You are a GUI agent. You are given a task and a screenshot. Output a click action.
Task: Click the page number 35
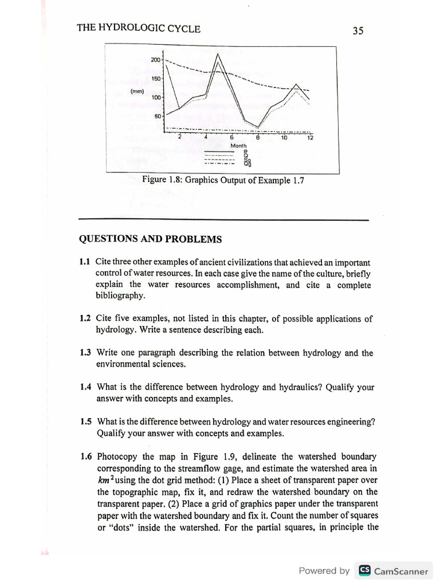(359, 31)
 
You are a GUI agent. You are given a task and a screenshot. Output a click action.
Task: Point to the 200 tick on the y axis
(156, 60)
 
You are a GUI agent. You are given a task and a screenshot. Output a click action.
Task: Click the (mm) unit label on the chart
(136, 90)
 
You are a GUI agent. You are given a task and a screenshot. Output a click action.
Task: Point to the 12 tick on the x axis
(310, 138)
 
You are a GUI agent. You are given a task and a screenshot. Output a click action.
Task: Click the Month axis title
(238, 146)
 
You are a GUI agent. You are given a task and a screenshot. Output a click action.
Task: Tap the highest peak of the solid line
(218, 54)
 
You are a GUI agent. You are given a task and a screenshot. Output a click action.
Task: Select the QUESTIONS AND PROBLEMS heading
(150, 239)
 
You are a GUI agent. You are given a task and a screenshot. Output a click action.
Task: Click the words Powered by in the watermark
(324, 571)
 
